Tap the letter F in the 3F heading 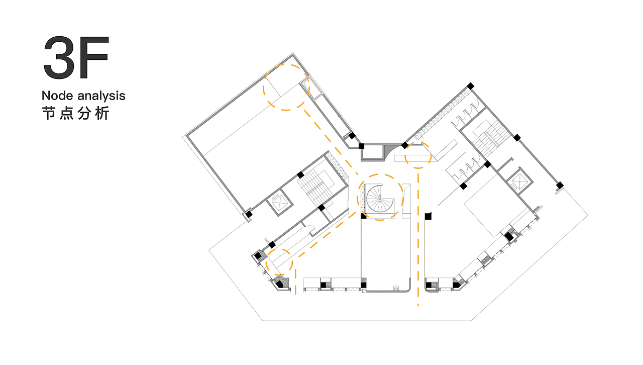[x=93, y=57]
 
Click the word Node [x=57, y=96]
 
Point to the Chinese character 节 [x=49, y=113]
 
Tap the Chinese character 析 [x=102, y=113]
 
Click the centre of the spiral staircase [x=380, y=199]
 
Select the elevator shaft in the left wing [x=280, y=202]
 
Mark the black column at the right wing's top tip [x=470, y=85]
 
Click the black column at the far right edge [x=560, y=186]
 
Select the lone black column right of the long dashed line [x=428, y=216]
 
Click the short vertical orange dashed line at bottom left [x=295, y=281]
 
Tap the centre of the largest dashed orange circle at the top [x=286, y=87]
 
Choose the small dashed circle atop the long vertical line [x=418, y=155]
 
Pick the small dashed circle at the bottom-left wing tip [x=279, y=262]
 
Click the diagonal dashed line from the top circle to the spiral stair [x=331, y=141]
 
